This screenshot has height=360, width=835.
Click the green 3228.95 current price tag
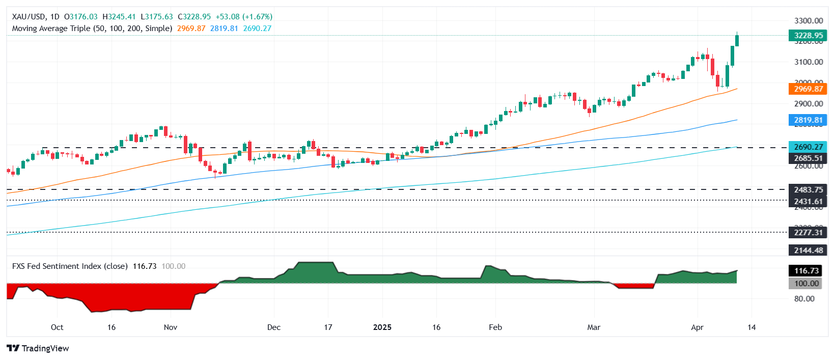[x=808, y=36]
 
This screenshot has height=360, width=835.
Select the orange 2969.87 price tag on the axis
[x=808, y=89]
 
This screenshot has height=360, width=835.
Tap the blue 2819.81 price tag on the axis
[x=808, y=121]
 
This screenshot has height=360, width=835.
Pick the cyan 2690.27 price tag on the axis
[x=808, y=147]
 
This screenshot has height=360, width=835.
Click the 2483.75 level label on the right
[x=808, y=189]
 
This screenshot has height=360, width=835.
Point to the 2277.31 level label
[x=808, y=233]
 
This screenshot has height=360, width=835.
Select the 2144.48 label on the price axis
[x=808, y=250]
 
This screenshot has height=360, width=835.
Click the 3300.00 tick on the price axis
[x=808, y=21]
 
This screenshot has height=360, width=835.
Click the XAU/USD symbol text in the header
[x=28, y=17]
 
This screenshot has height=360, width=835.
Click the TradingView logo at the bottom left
[x=38, y=348]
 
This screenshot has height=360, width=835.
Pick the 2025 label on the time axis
[x=382, y=327]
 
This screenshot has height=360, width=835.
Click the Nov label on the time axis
[x=171, y=327]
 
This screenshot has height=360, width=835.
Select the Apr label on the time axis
[x=697, y=327]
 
